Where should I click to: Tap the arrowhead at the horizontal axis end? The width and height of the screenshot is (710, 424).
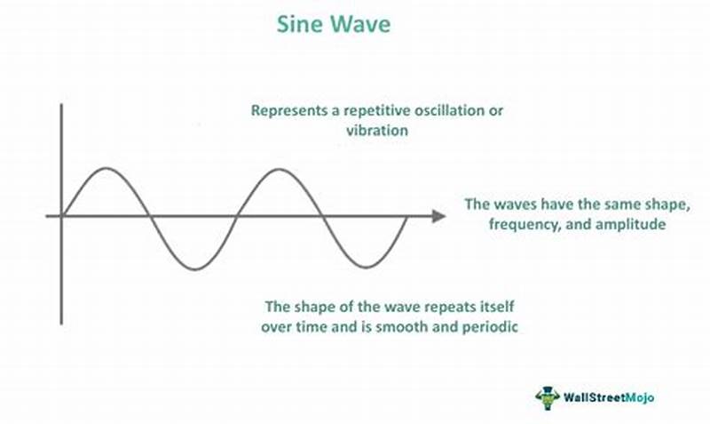pos(438,216)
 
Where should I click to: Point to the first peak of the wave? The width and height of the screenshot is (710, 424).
pos(106,168)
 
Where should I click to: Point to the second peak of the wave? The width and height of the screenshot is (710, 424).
pos(279,168)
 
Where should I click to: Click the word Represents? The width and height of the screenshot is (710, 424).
pos(287,111)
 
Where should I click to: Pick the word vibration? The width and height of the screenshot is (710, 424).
pos(376,130)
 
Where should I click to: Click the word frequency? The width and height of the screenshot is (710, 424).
pos(522,225)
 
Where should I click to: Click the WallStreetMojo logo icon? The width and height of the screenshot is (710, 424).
pos(548,397)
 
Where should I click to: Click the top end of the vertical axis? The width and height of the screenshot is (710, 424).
pos(60,105)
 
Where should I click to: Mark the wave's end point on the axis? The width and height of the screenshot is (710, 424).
pos(407,216)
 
